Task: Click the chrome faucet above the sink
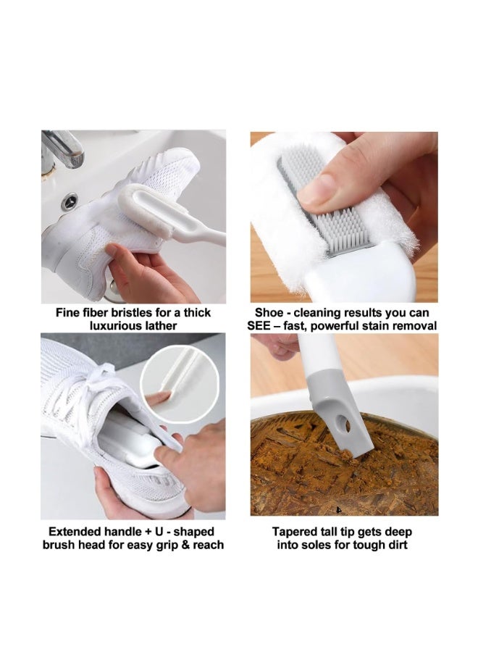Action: (x=62, y=148)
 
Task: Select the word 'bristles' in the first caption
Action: (x=143, y=313)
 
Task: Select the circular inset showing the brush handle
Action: (x=172, y=384)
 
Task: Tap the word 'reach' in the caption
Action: (x=206, y=545)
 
